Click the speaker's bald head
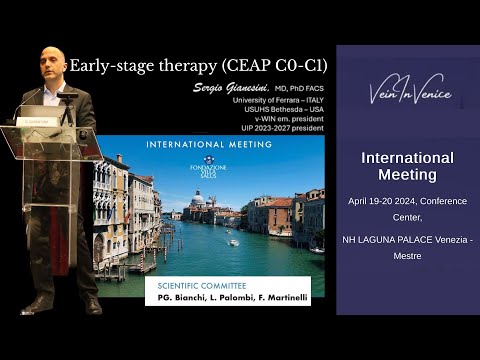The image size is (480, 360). [52, 62]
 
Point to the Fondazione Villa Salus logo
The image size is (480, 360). [209, 165]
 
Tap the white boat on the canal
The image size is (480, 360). [233, 242]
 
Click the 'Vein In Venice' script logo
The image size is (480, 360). [409, 95]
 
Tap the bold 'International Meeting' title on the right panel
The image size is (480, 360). [407, 166]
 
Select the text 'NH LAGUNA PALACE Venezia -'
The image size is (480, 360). [407, 240]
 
